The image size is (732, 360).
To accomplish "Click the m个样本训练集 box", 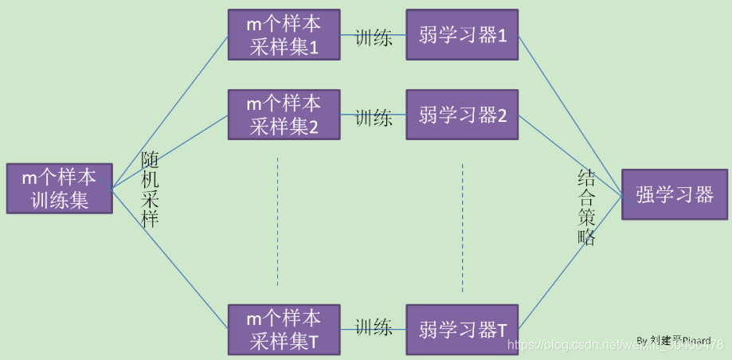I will tap(60, 189).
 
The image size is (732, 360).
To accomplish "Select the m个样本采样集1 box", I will tap(284, 34).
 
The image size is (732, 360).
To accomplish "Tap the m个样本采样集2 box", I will tap(284, 114).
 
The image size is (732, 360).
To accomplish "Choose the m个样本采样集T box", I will tap(284, 329).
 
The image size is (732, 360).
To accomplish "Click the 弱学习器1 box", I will tap(462, 34).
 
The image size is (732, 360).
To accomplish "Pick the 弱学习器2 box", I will tap(462, 114).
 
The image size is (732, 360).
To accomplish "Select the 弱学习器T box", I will tap(462, 329).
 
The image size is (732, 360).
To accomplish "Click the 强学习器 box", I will tap(674, 194).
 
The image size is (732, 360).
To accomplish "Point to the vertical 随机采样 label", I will tap(150, 190).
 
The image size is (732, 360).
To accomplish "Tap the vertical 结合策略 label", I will tap(586, 207).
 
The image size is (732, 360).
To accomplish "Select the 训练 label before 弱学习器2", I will tap(374, 118).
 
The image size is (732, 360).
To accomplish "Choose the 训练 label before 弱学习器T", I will tap(374, 327).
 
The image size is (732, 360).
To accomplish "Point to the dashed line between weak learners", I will tap(462, 227).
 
